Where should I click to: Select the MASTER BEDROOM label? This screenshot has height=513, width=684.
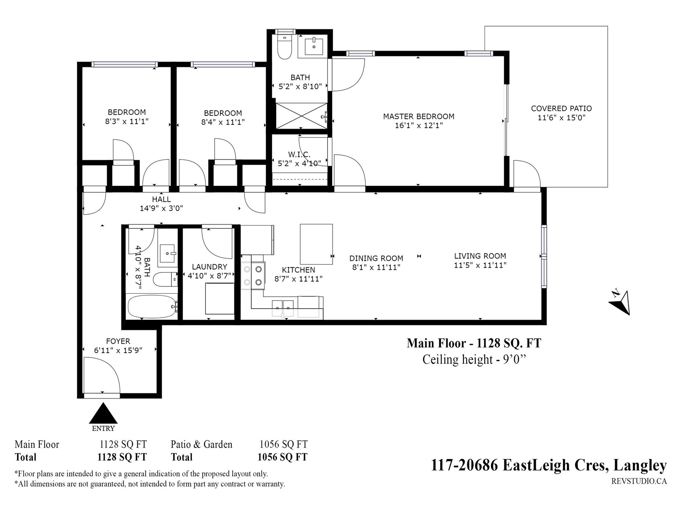click(x=419, y=116)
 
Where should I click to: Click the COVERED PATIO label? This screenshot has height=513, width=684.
click(x=561, y=109)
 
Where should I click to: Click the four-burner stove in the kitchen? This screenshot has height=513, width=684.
click(x=253, y=276)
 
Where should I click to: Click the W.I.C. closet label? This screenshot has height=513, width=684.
click(x=299, y=154)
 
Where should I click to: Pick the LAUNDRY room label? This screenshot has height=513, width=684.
click(x=209, y=267)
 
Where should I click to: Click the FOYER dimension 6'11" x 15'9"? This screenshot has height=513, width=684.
click(x=118, y=351)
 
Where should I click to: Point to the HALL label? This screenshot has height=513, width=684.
click(x=161, y=199)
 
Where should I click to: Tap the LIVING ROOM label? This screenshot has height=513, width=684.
click(x=480, y=256)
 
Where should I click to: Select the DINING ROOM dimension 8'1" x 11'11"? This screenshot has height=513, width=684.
click(x=376, y=267)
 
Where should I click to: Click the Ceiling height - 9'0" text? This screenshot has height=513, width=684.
click(x=474, y=360)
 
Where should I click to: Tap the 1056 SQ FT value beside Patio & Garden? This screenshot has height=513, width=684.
click(x=283, y=444)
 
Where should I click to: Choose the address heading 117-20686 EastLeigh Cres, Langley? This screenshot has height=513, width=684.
click(x=549, y=466)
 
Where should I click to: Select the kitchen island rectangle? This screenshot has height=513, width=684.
click(x=316, y=244)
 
